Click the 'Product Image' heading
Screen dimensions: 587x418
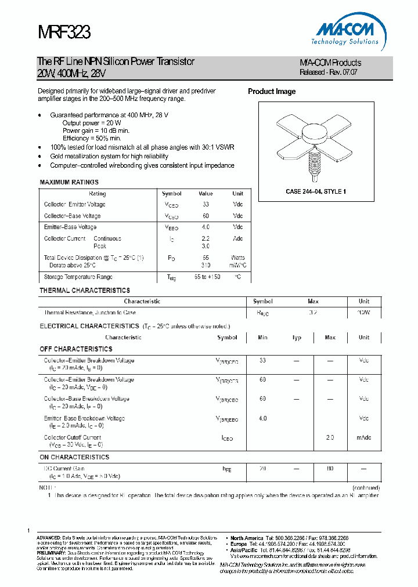pos(272,92)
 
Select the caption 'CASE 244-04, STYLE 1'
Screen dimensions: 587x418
pos(316,191)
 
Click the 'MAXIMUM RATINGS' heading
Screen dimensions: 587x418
pos(69,183)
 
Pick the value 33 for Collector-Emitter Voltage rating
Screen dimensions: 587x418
pos(206,205)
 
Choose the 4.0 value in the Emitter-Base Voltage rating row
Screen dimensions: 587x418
pos(206,227)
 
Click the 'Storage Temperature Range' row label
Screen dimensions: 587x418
pos(78,277)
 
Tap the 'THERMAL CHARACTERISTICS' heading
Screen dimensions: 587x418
pos(85,290)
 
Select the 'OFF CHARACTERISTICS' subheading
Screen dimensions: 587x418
pos(76,349)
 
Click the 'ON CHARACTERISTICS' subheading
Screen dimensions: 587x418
pos(74,457)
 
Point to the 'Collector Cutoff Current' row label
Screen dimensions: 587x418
pos(73,437)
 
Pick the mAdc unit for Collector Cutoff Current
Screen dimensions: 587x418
pos(364,438)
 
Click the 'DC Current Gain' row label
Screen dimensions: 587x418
pos(64,468)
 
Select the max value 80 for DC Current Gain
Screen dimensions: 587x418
pos(330,468)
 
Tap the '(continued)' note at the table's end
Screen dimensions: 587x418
pos(366,488)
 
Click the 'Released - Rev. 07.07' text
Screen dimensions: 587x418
pos(328,73)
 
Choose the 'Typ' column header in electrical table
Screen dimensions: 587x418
pos(297,338)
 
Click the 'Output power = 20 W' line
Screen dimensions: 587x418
pos(92,123)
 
